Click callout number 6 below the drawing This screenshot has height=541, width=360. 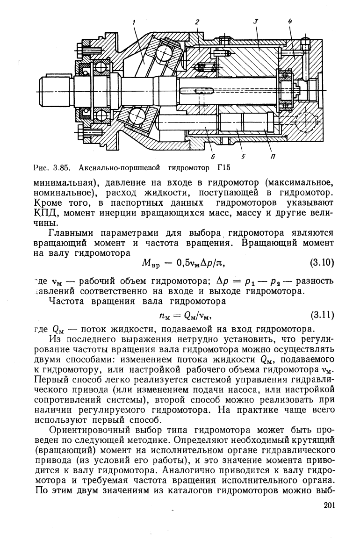pyautogui.click(x=214, y=156)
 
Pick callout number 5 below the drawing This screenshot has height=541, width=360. pyautogui.click(x=243, y=156)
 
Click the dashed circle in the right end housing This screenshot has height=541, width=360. pyautogui.click(x=306, y=123)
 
